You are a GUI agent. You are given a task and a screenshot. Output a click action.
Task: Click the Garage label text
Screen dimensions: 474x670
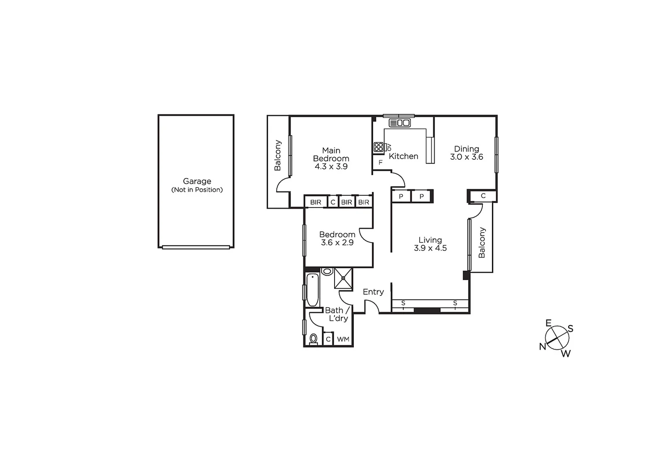click(x=197, y=181)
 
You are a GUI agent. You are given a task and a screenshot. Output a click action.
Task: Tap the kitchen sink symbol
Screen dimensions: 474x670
click(x=399, y=123)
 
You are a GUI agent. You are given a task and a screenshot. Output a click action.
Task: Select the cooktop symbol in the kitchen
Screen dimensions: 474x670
click(x=378, y=147)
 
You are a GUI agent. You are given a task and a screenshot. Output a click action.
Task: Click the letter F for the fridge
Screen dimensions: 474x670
click(x=380, y=162)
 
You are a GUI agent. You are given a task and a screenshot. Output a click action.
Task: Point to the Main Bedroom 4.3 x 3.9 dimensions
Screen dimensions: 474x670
click(x=331, y=167)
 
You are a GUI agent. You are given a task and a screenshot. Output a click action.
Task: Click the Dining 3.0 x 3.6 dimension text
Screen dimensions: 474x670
click(x=467, y=157)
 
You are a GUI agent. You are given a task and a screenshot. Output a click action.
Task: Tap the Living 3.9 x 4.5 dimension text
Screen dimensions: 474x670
click(x=430, y=248)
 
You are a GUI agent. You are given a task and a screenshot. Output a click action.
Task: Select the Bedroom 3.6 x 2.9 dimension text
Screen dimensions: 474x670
click(x=337, y=243)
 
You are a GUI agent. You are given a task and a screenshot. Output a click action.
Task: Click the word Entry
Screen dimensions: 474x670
click(x=373, y=292)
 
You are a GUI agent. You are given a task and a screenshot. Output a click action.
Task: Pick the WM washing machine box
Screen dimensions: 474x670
click(x=343, y=339)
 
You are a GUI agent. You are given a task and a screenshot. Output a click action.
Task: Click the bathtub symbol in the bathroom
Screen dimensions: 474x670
click(x=312, y=290)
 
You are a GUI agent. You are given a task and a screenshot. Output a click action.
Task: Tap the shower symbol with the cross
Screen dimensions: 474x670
click(x=343, y=278)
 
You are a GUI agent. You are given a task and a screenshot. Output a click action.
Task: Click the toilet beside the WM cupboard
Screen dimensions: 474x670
click(x=314, y=339)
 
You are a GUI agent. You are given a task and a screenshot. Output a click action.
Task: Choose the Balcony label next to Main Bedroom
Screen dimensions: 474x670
click(x=278, y=155)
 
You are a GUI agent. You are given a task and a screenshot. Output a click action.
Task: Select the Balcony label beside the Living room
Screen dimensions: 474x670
click(x=482, y=242)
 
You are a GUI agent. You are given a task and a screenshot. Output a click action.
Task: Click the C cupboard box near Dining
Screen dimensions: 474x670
click(x=483, y=196)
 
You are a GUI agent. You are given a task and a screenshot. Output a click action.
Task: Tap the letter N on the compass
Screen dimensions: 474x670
click(x=542, y=347)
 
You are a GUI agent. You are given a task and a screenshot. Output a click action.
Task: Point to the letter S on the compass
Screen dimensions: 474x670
click(x=570, y=329)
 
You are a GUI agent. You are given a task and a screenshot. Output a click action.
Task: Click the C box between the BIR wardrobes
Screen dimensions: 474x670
click(x=333, y=202)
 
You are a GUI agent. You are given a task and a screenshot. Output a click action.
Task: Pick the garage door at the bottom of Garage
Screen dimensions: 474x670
click(x=196, y=247)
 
